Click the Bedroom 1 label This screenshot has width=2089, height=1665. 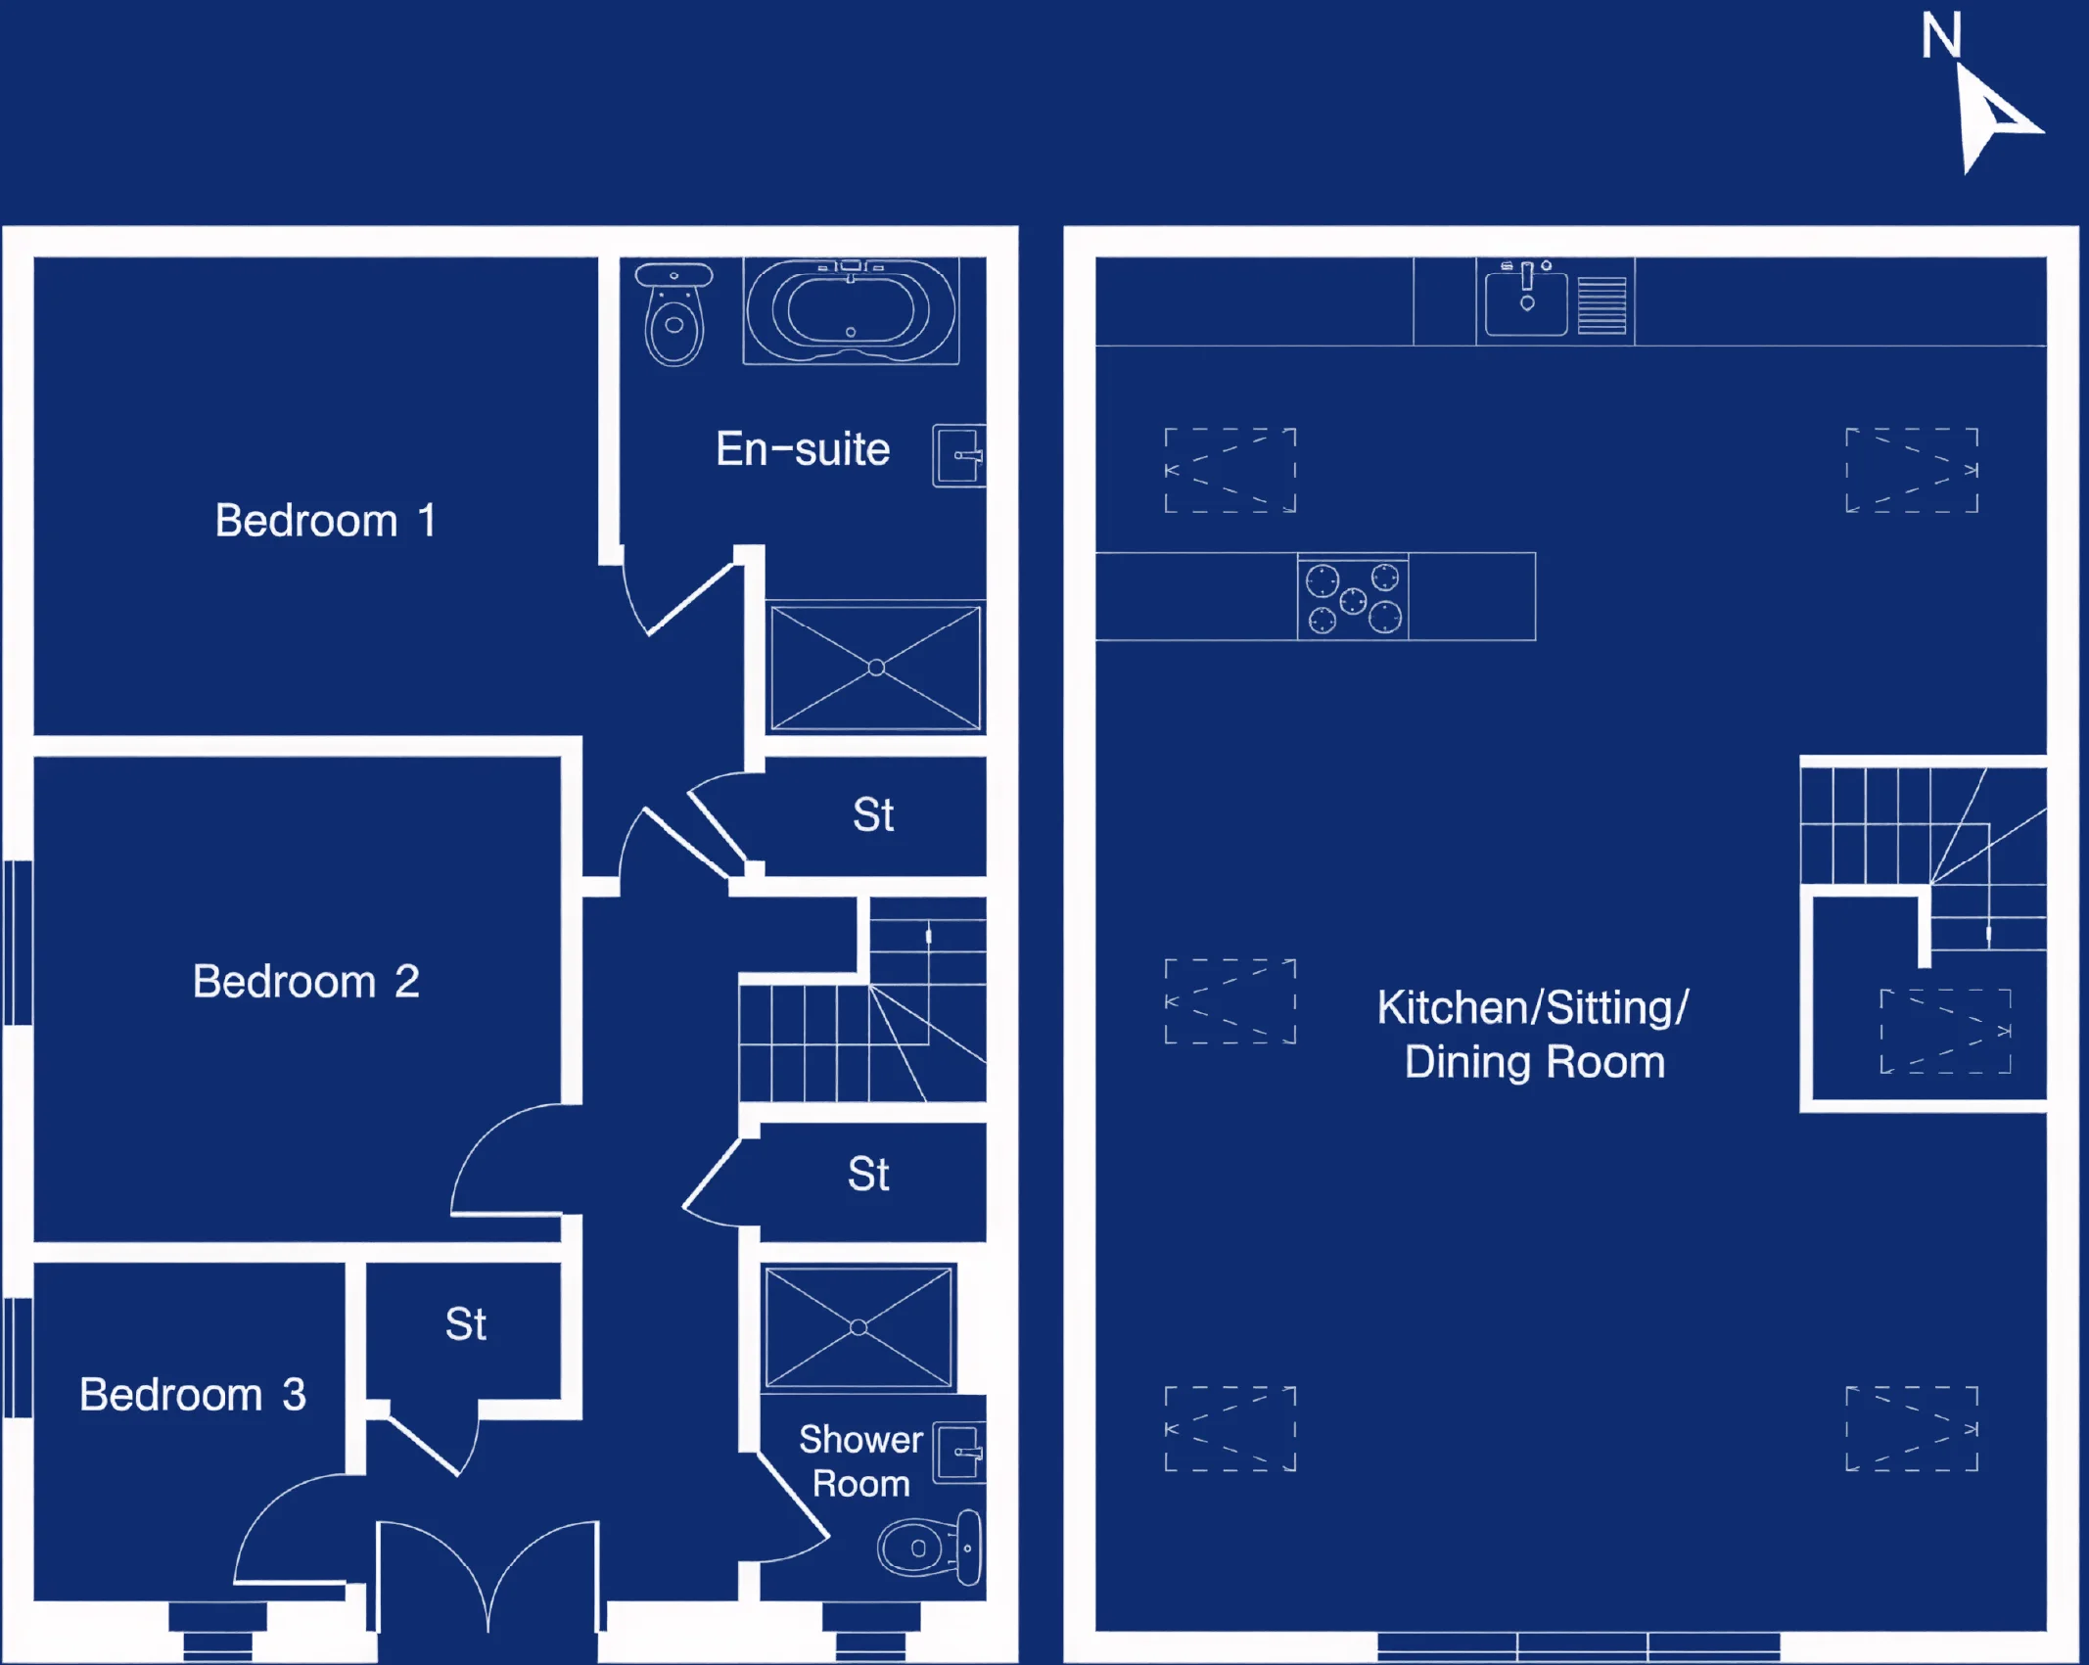[x=325, y=520]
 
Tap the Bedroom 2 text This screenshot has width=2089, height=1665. [x=305, y=981]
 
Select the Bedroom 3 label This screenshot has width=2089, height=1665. [x=192, y=1394]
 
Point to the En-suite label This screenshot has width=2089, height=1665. [x=803, y=449]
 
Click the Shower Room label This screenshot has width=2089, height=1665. [x=860, y=1460]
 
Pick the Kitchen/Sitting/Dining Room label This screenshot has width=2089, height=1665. [x=1533, y=1035]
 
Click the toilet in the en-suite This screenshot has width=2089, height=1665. [x=673, y=313]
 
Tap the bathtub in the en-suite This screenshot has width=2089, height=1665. [x=851, y=311]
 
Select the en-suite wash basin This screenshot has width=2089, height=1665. [x=958, y=455]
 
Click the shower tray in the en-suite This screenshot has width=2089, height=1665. [x=876, y=668]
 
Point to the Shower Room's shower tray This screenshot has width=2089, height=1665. [x=859, y=1327]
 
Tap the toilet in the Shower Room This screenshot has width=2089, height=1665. [x=930, y=1548]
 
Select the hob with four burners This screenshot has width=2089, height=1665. [x=1353, y=597]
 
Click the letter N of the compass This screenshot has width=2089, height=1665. [x=1940, y=35]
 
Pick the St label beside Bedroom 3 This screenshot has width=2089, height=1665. [x=465, y=1324]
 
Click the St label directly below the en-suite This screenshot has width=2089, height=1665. [x=873, y=814]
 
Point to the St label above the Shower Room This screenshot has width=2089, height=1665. [x=868, y=1174]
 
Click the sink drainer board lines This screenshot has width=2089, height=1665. [x=1602, y=305]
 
